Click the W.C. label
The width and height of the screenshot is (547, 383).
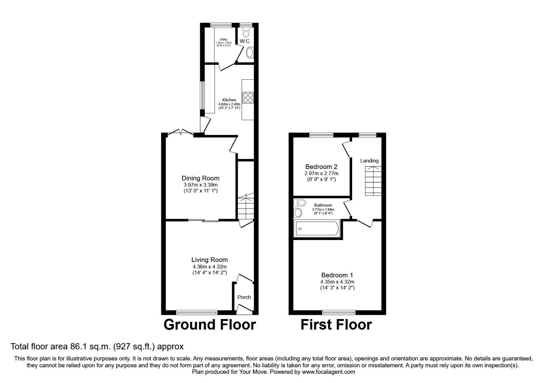pyautogui.click(x=245, y=41)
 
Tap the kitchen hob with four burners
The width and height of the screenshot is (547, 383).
pyautogui.click(x=248, y=98)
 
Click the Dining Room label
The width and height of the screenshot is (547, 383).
pyautogui.click(x=200, y=178)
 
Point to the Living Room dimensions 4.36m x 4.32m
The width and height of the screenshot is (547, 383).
pyautogui.click(x=209, y=266)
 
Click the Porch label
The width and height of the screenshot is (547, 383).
pyautogui.click(x=244, y=297)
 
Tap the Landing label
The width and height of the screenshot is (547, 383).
pyautogui.click(x=369, y=161)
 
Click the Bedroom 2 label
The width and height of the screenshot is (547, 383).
pyautogui.click(x=321, y=167)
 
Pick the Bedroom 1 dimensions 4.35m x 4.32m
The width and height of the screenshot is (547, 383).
pyautogui.click(x=337, y=282)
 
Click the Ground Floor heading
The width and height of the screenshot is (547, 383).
pyautogui.click(x=210, y=325)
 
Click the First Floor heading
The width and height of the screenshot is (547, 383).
pyautogui.click(x=336, y=325)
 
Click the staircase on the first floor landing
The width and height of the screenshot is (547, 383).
pyautogui.click(x=373, y=181)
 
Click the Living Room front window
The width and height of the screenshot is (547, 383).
pyautogui.click(x=197, y=312)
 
